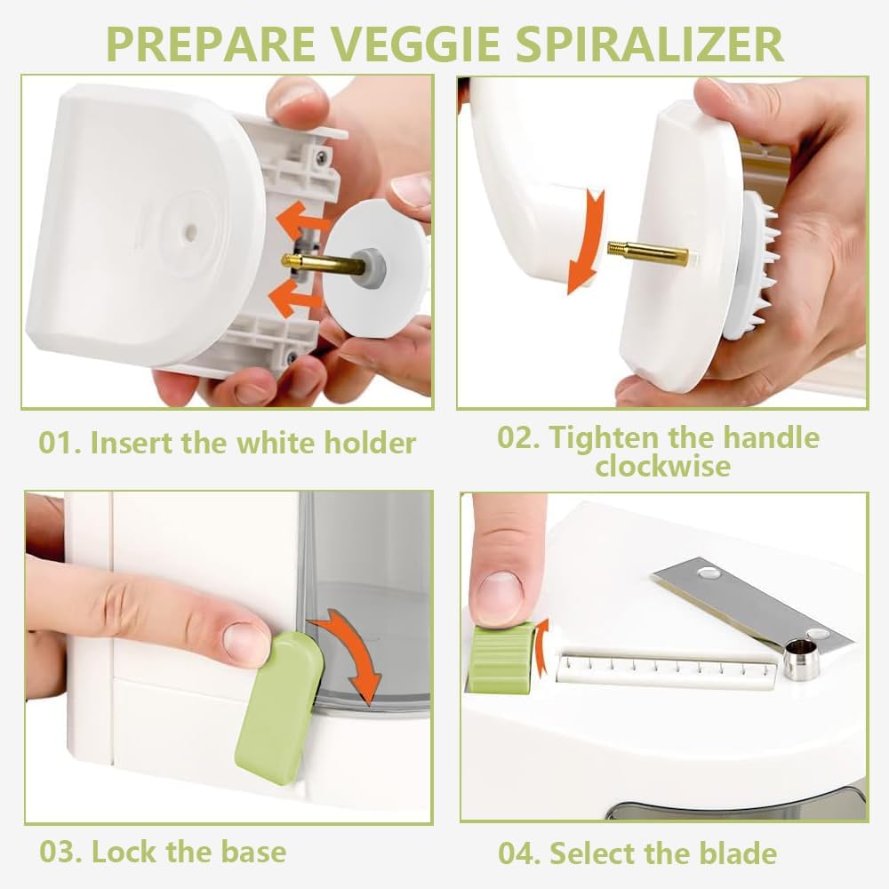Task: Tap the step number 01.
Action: click(x=60, y=442)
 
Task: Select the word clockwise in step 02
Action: click(x=662, y=465)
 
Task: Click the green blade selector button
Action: click(x=501, y=657)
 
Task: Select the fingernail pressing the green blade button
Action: click(x=500, y=597)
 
